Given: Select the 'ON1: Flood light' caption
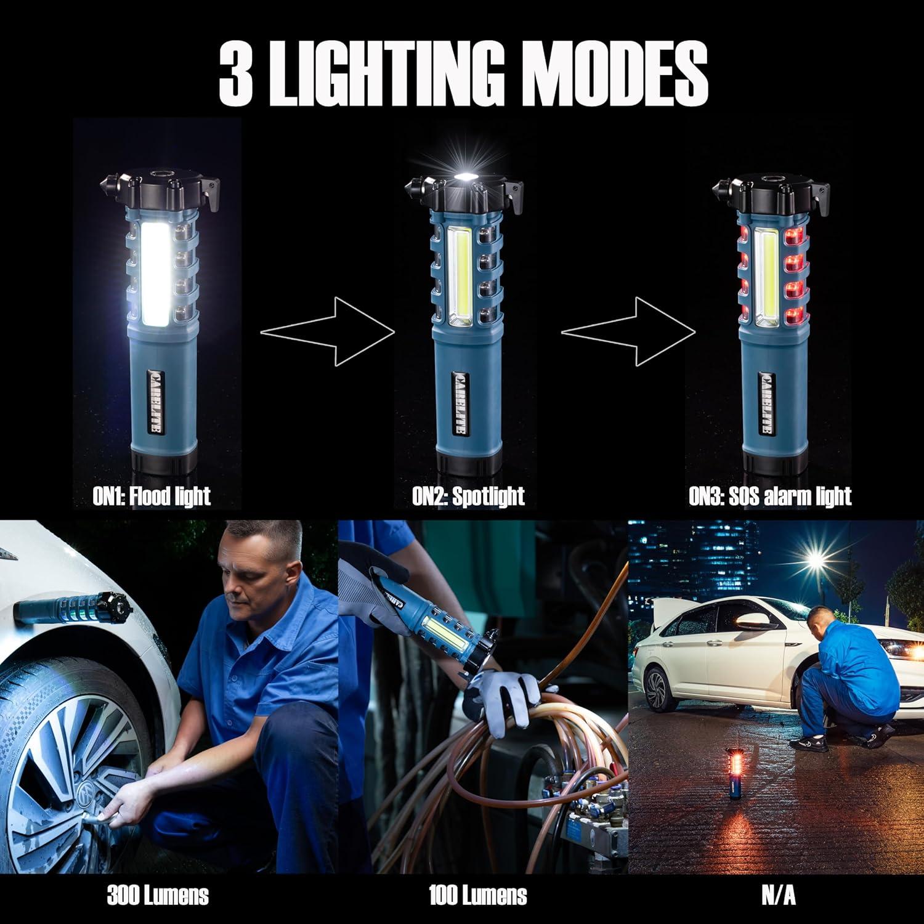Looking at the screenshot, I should pos(152,496).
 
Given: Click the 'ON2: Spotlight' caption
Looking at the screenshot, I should pos(468,496).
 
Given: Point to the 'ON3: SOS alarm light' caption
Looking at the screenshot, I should pos(770,496).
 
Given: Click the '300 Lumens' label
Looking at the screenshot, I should pos(158,895).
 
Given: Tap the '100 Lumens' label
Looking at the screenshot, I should pos(478,895).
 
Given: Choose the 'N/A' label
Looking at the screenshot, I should pos(778,895).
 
